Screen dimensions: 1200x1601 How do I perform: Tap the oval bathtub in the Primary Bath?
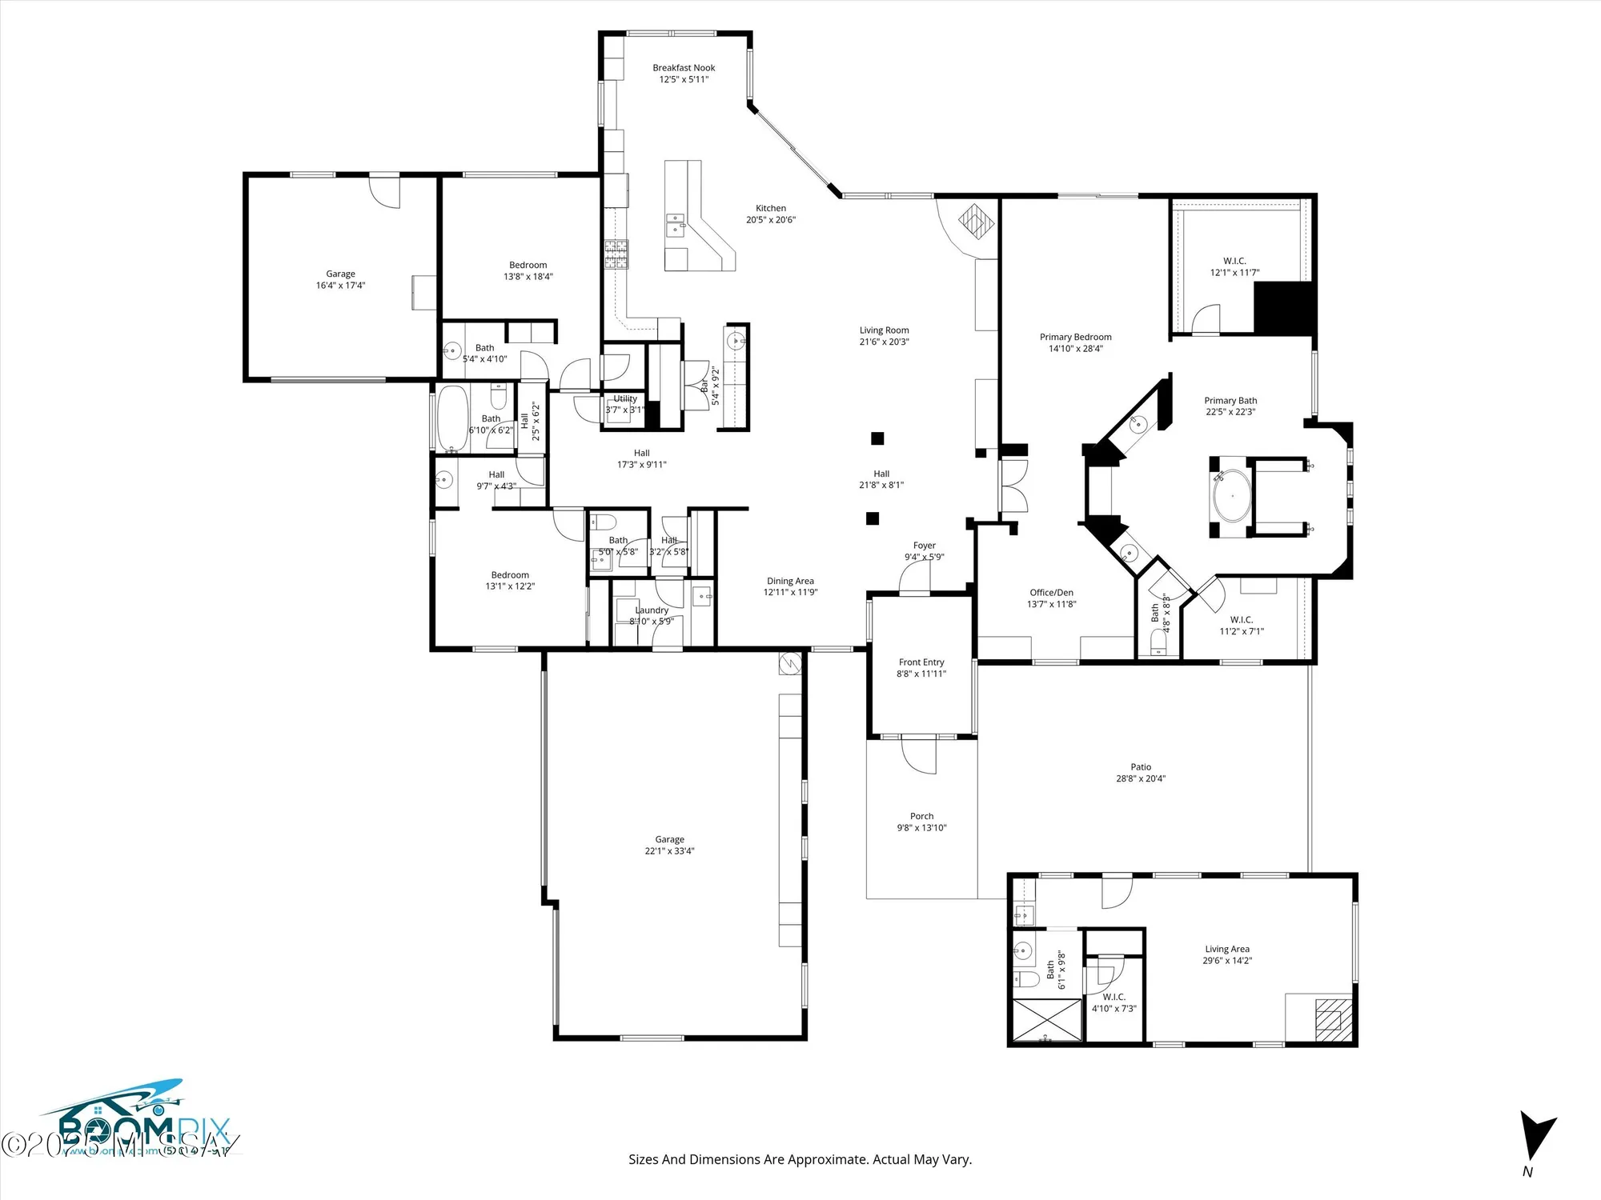pos(1231,496)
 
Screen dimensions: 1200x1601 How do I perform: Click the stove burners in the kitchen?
pos(616,254)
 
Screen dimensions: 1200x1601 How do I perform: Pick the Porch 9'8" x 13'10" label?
pos(921,822)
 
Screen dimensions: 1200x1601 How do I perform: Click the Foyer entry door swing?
pos(913,578)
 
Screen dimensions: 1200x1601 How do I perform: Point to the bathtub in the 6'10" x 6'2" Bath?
pos(452,419)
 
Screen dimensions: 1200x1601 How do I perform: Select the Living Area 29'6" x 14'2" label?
pos(1226,954)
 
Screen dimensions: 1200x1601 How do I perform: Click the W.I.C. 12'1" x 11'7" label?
pos(1234,266)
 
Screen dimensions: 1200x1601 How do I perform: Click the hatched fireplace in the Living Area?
pos(1330,1019)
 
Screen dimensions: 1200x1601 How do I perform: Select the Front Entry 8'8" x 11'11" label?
pos(921,668)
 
